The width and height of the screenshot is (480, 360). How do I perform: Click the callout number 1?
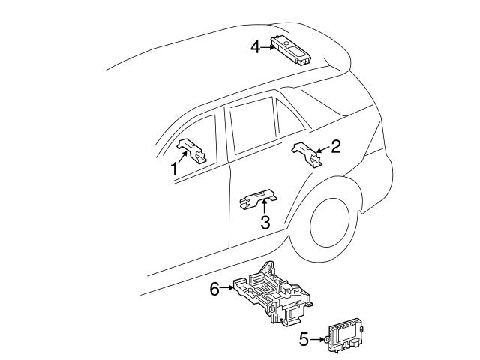coord(174,169)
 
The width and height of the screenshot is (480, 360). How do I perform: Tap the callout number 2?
coord(336,145)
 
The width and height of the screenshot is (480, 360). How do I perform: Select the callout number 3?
coord(265,222)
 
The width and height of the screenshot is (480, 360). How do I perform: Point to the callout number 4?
coord(255,46)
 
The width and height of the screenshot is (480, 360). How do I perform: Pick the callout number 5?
coord(304,339)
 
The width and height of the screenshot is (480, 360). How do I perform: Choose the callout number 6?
coord(214,288)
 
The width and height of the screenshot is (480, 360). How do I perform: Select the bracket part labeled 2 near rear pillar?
coord(307,154)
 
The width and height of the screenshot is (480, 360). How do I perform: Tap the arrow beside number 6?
coord(227,288)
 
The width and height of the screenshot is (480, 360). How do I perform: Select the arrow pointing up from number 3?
coord(265,207)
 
